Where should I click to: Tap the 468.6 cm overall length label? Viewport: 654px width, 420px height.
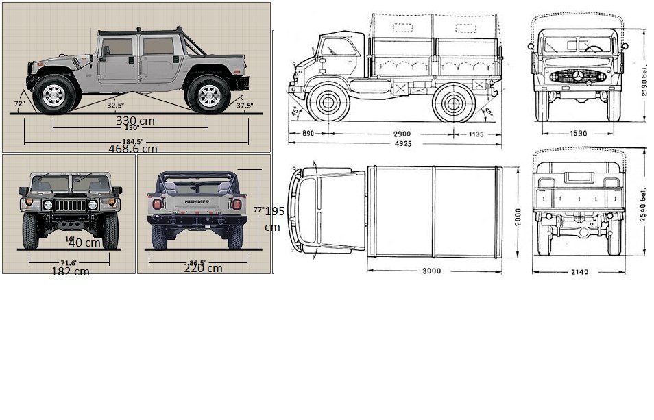coord(132,148)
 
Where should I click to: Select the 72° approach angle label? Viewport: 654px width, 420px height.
coord(19,103)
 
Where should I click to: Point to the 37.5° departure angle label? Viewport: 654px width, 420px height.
coord(244,106)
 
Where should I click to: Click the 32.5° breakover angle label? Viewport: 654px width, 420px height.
coord(115,106)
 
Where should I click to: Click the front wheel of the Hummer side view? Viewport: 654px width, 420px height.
coord(53,95)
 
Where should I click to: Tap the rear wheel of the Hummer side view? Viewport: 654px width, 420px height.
coord(209,95)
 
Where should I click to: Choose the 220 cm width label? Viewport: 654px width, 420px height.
coord(203,268)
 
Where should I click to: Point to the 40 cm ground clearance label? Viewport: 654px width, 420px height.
coord(84,243)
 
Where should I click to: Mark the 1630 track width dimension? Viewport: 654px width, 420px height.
coord(577,133)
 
